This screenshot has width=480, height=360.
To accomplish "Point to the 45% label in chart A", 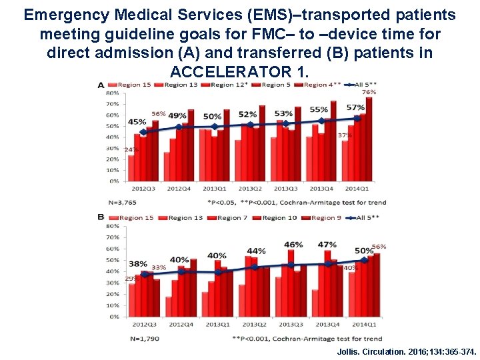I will (137, 122).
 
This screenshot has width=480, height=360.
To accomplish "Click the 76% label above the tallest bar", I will (369, 92).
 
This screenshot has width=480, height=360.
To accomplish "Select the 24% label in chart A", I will (130, 150).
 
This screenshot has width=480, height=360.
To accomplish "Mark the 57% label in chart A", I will (355, 108).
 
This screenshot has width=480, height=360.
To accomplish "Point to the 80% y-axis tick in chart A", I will (112, 93).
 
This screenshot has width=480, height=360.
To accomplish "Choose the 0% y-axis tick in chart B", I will (115, 317).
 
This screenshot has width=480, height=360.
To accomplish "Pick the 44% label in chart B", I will (256, 251).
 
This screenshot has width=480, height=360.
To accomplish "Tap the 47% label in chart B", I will (327, 245).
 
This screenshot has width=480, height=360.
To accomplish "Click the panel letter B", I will (101, 217).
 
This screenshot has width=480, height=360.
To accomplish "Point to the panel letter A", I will (101, 85).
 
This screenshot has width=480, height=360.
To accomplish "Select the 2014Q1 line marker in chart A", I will (357, 119).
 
